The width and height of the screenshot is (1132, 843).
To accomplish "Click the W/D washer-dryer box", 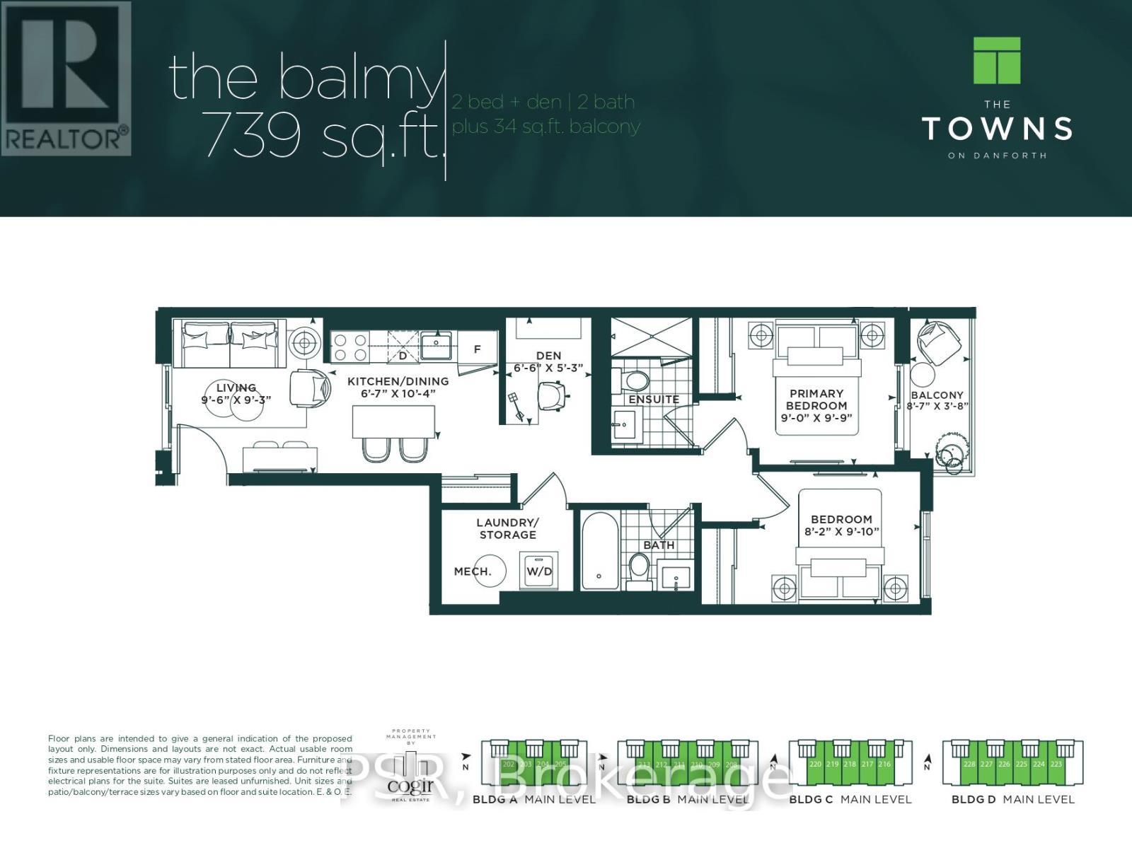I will (x=538, y=570).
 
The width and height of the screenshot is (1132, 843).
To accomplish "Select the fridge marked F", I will (x=477, y=349).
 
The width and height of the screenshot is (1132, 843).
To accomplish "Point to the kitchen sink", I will (x=436, y=347).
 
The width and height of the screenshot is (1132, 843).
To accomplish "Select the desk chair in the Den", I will (x=553, y=395).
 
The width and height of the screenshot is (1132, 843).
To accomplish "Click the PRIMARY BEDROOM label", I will (x=816, y=400).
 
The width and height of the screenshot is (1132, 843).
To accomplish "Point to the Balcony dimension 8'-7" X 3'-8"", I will (x=937, y=407).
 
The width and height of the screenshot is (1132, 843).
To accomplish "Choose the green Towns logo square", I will (x=997, y=61).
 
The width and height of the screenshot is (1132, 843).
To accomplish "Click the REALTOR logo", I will (x=66, y=79).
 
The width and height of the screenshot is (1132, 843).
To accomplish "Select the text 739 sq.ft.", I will (x=322, y=136).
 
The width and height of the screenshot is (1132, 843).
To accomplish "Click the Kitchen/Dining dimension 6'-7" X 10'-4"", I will (x=398, y=393).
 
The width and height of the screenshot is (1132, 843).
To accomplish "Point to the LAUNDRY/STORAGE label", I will (x=507, y=528).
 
